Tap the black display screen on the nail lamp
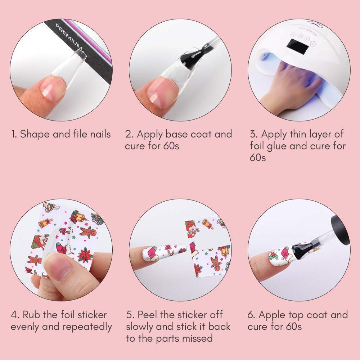click(x=297, y=46)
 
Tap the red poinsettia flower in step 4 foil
click(x=85, y=255)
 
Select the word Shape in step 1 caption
click(x=35, y=134)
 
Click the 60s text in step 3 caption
click(x=258, y=158)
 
